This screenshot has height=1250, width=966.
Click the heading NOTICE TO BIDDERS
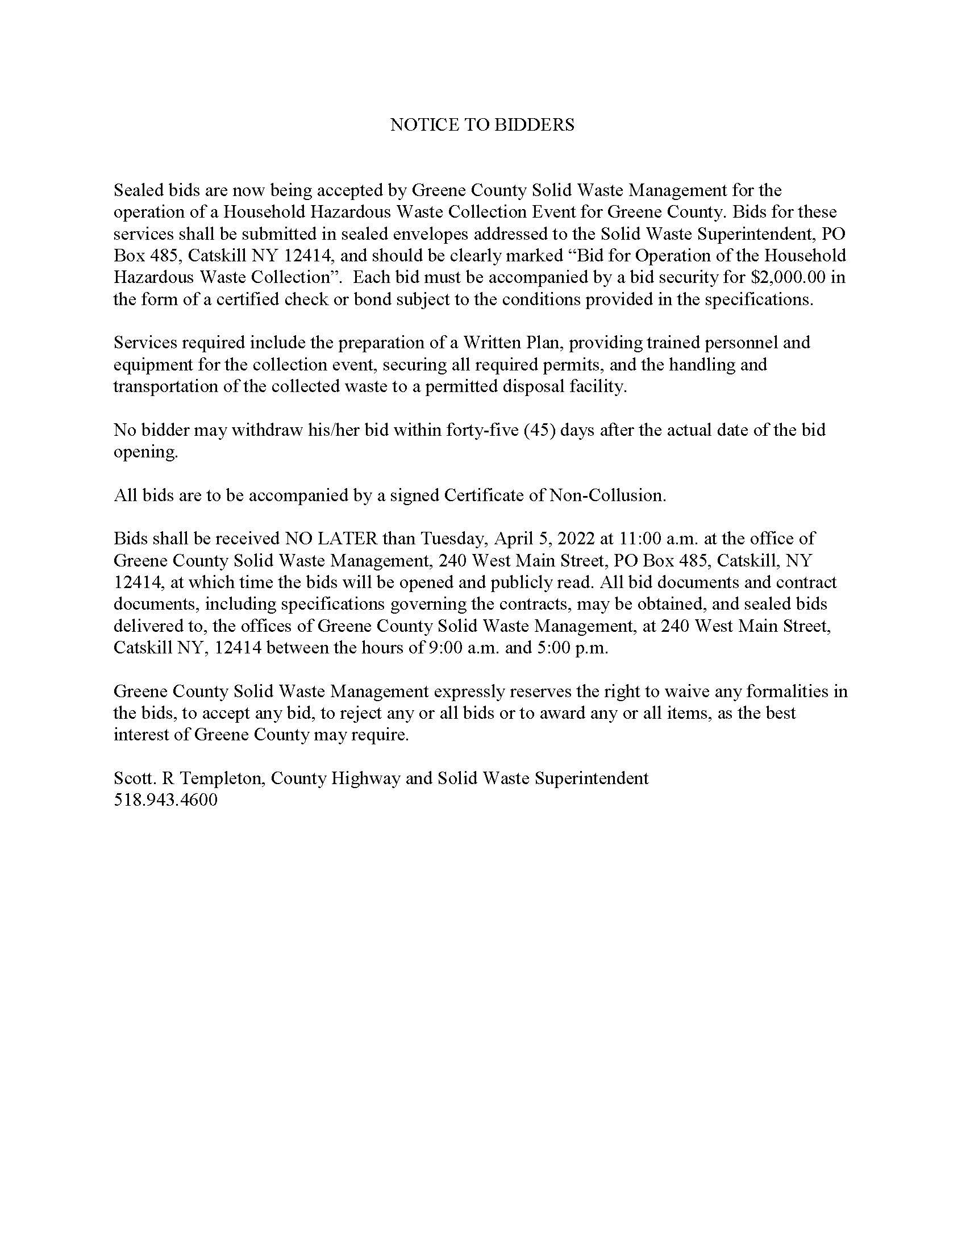coord(482,125)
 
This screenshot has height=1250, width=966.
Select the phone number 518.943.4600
coord(165,799)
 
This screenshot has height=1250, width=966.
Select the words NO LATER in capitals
coord(331,539)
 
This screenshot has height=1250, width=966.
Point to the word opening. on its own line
coord(146,452)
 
